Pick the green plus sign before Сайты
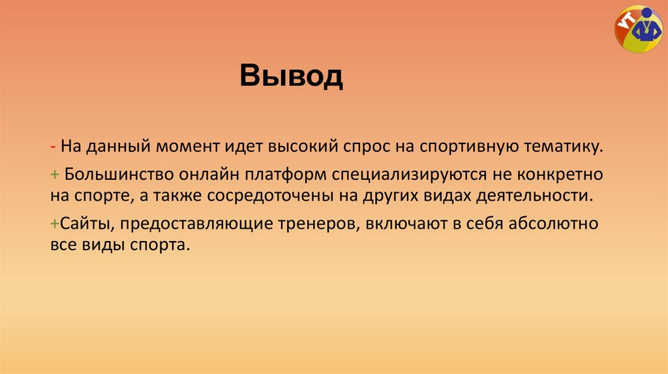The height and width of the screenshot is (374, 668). [53, 224]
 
